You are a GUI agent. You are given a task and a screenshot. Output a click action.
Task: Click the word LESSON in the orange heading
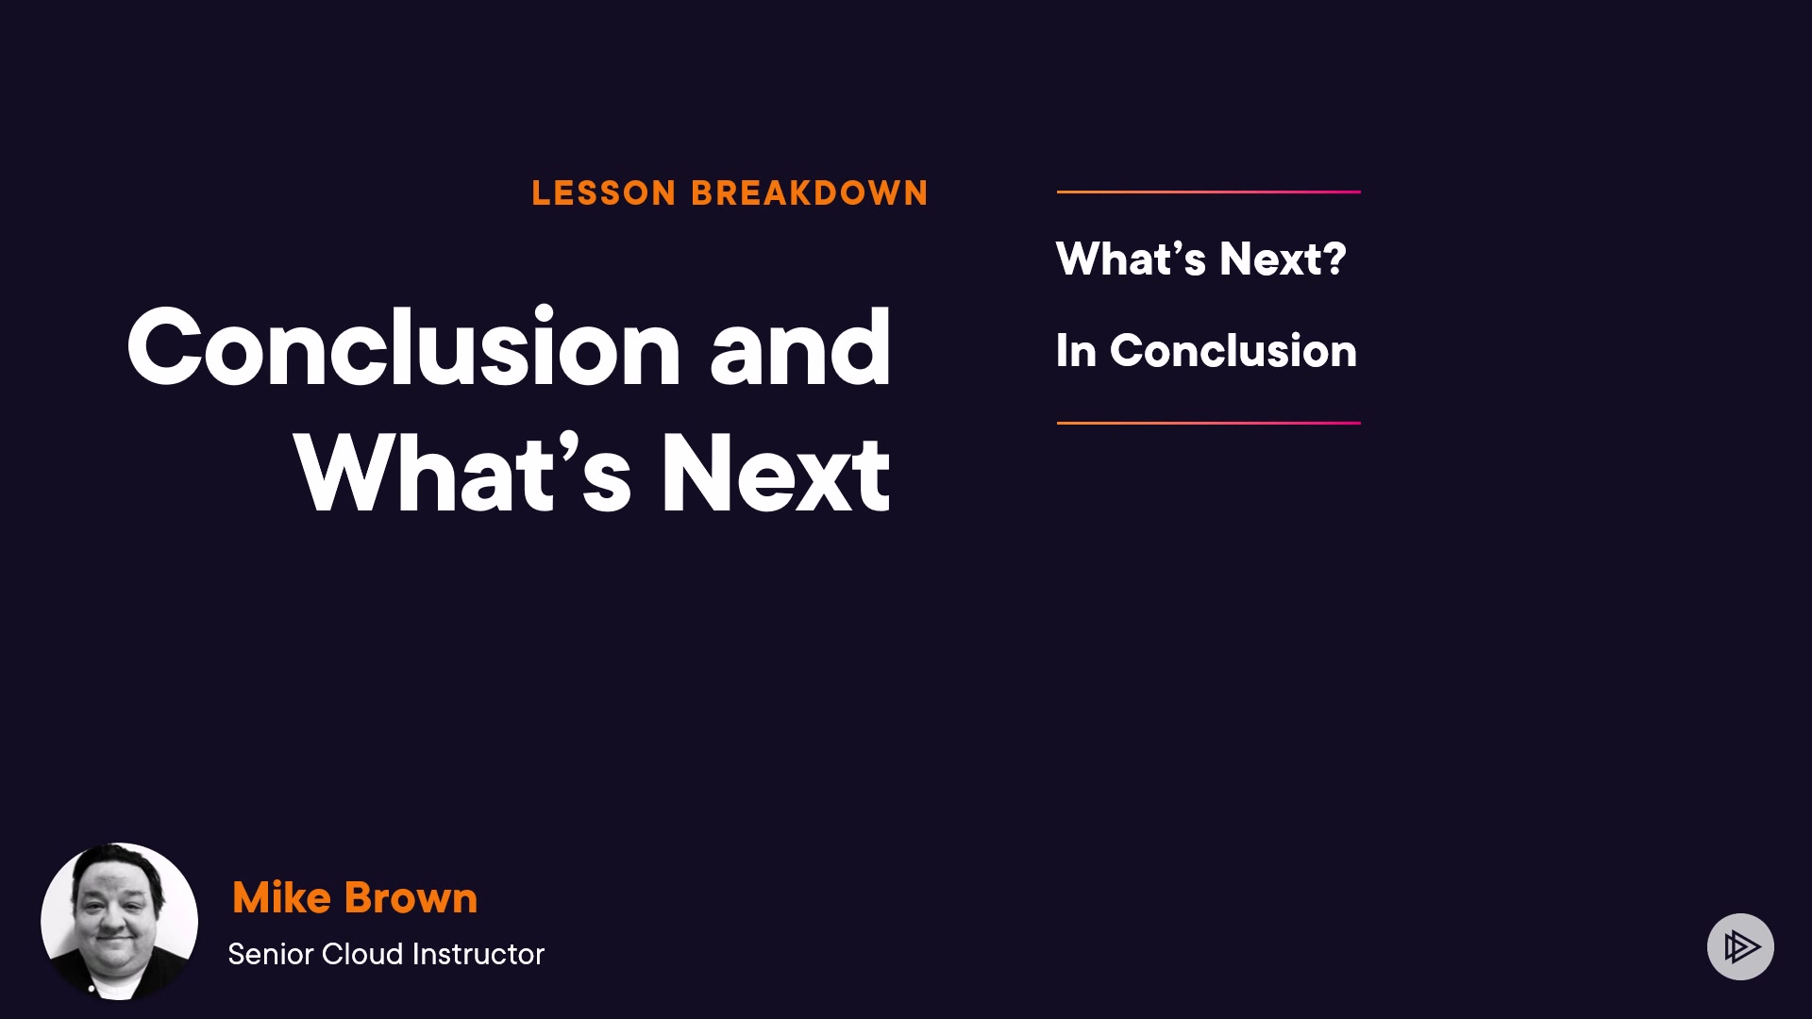604,193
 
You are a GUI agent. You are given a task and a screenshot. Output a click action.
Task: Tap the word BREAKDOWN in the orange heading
810,193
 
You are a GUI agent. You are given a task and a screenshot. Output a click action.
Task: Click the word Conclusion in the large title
404,347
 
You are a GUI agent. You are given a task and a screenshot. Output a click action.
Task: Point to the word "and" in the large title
800,347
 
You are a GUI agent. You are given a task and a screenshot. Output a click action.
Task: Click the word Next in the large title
776,474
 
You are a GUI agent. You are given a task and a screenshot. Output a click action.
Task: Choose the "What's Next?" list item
1200,259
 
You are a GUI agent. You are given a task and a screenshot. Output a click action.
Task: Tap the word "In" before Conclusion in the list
1076,351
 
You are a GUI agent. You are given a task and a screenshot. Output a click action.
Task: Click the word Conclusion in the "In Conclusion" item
1233,351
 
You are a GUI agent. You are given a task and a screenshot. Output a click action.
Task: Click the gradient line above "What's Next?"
1209,192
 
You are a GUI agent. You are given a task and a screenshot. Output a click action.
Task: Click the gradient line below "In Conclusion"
1209,423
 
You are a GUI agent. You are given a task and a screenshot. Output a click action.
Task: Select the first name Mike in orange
281,897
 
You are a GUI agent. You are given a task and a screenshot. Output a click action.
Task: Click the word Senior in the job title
271,954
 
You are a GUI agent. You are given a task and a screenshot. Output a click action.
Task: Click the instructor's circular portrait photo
119,921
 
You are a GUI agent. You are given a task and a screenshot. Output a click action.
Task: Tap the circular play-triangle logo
1740,946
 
